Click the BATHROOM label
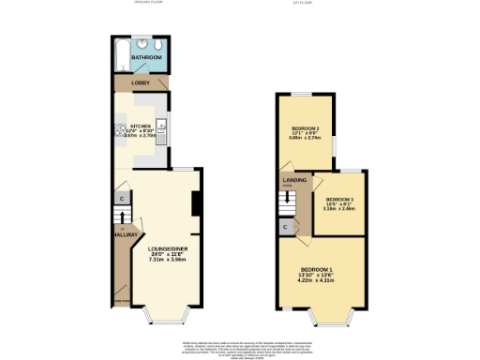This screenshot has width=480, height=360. point(146,58)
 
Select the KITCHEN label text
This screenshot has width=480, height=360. point(141,124)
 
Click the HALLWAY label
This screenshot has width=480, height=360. point(127,235)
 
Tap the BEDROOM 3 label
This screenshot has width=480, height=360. point(339,200)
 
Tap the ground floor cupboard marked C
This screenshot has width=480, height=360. point(122,199)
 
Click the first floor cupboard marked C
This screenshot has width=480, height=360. point(285,227)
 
